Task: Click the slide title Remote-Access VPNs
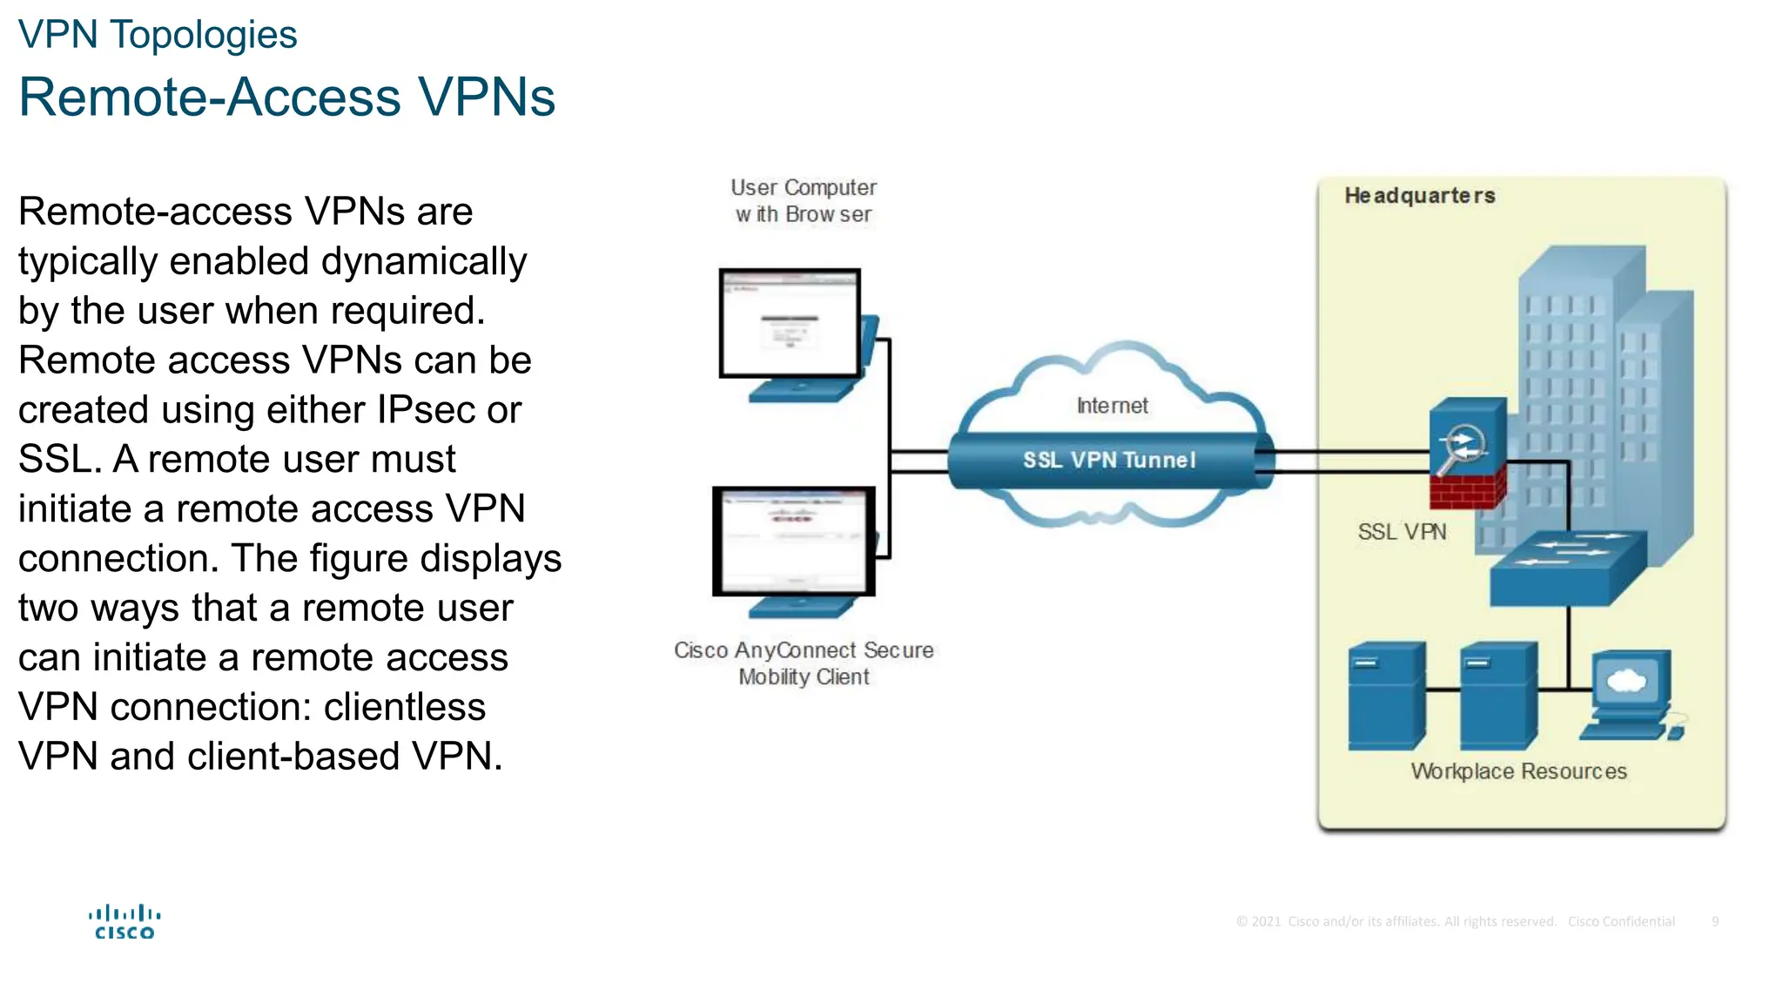pos(286,97)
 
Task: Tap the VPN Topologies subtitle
pos(158,35)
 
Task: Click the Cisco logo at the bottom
pos(124,922)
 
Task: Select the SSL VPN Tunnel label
pos(1108,460)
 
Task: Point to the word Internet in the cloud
pos(1112,406)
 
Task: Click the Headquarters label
pos(1419,196)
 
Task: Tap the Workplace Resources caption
pos(1518,771)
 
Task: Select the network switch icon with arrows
pos(1568,568)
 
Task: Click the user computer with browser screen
pos(790,324)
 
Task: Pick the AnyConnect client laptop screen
pos(793,542)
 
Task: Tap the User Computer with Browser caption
pos(803,201)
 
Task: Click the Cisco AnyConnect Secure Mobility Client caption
pos(803,663)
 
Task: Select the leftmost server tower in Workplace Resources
pos(1386,697)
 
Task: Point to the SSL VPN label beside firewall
pos(1402,532)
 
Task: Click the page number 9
pos(1714,921)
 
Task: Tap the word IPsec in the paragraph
pos(427,410)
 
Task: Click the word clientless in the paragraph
pos(404,707)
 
